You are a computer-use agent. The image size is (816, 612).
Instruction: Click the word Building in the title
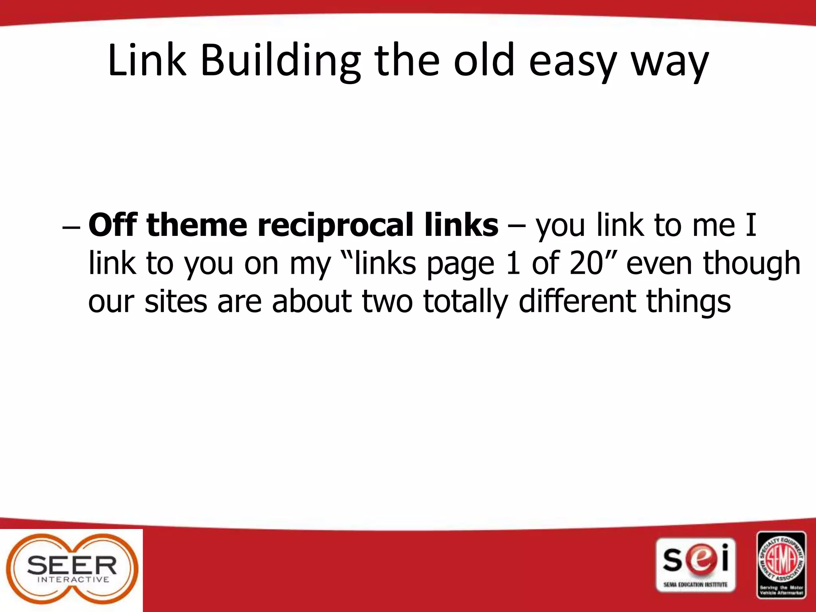(x=280, y=61)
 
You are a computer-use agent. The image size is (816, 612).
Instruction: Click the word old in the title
(x=484, y=61)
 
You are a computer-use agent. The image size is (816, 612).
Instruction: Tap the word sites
(x=176, y=301)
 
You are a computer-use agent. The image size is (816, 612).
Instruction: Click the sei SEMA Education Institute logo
(x=695, y=565)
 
